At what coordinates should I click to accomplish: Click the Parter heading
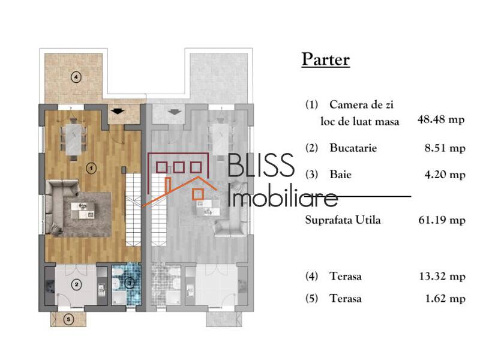325,60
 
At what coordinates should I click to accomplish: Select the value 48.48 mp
441,120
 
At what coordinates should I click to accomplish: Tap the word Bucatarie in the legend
353,148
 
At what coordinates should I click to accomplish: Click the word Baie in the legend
340,175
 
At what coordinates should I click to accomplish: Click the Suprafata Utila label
343,220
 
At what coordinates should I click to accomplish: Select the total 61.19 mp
441,220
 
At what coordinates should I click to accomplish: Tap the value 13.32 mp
441,277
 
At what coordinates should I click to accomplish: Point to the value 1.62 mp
444,298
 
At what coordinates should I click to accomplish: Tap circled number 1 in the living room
91,168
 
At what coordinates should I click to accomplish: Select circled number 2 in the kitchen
77,284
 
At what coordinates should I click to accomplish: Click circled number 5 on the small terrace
68,320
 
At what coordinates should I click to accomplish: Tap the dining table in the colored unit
75,139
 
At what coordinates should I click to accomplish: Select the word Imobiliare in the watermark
283,196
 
